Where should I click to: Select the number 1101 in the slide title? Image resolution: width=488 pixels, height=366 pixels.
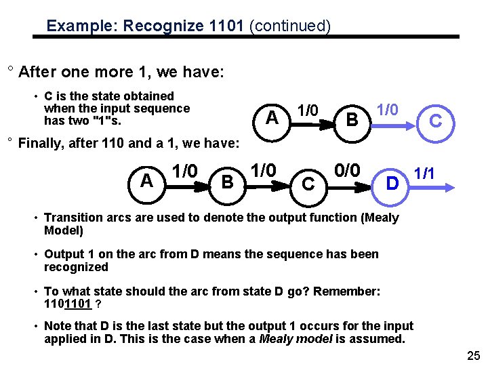tap(228, 26)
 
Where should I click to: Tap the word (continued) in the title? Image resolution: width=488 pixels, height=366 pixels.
tap(290, 26)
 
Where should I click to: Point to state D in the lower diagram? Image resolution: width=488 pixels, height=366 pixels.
tap(392, 182)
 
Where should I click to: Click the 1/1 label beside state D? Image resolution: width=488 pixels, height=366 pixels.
tap(425, 174)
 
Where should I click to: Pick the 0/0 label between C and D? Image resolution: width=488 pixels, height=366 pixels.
tap(347, 169)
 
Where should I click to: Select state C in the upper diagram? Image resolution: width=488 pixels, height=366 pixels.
tap(436, 121)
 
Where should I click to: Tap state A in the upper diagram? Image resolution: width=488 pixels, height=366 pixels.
tap(272, 117)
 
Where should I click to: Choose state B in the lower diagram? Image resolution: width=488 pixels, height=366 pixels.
tap(228, 182)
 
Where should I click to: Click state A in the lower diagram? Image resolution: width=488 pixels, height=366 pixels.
tap(146, 180)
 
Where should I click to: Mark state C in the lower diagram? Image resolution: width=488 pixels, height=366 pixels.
tap(307, 183)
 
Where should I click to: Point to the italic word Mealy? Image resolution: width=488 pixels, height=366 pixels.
tap(276, 339)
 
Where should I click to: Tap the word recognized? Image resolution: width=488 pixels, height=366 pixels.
tap(76, 267)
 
